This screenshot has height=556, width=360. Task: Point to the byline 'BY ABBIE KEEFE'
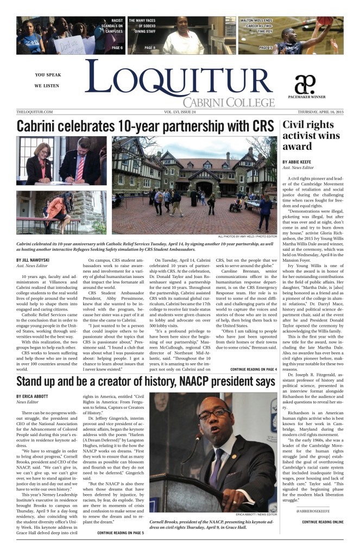coord(299,162)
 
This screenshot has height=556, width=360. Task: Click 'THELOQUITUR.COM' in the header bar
coord(35,111)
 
